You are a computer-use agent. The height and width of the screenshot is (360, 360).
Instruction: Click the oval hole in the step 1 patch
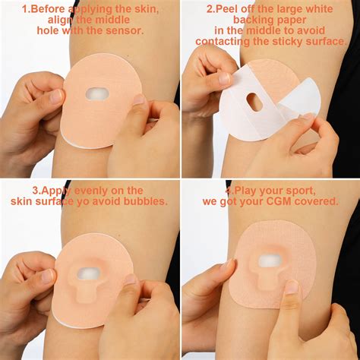[x=97, y=93]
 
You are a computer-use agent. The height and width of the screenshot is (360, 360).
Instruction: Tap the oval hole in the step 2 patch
[x=255, y=100]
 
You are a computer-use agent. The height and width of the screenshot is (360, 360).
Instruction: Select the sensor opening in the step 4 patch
[x=270, y=262]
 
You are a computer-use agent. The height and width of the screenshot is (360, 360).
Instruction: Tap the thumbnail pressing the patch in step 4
[x=291, y=287]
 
